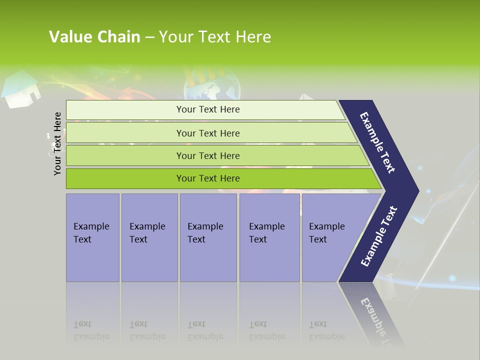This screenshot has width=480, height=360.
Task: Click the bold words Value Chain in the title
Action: [x=94, y=37]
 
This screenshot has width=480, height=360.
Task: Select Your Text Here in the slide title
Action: [x=215, y=37]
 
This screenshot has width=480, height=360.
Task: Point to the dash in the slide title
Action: [x=149, y=37]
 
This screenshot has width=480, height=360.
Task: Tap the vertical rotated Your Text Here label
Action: [x=57, y=143]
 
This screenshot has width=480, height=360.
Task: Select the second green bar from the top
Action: [x=207, y=133]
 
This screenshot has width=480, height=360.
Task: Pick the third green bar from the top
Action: [x=207, y=155]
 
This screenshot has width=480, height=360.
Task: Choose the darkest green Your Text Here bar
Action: [x=207, y=178]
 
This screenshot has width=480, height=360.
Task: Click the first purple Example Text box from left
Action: [x=92, y=237]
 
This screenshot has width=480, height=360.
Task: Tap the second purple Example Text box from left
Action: [x=149, y=237]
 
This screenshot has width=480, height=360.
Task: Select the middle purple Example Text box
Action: [x=208, y=237]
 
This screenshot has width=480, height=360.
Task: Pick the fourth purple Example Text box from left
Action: [x=269, y=237]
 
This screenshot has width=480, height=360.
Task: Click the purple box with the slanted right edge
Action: [x=330, y=237]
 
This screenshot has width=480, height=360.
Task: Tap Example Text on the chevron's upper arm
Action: [x=378, y=142]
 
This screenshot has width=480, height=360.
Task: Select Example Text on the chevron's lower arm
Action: [x=379, y=236]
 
